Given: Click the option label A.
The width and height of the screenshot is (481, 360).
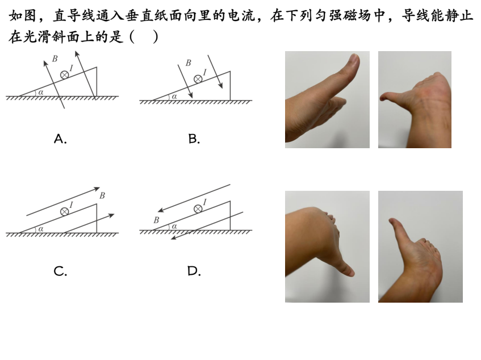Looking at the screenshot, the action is tap(60, 139).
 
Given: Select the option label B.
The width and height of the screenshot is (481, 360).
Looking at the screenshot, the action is tap(194, 139).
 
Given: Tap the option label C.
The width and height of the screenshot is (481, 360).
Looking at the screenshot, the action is tap(60, 271).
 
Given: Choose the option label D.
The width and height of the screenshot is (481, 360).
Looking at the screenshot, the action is tap(194, 271).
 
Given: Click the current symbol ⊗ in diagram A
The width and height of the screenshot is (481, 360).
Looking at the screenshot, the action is tap(64, 75).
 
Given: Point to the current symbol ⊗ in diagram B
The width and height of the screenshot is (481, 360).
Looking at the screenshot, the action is tap(198, 79).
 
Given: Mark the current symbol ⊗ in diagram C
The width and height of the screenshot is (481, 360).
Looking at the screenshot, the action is tap(64, 212).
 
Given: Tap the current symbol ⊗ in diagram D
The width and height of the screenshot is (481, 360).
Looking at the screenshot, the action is tap(198, 209).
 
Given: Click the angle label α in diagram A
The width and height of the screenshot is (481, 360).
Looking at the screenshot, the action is tap(41, 93).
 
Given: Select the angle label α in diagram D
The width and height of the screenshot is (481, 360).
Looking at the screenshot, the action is tap(174, 227).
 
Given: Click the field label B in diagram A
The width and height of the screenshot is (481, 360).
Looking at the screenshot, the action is tap(55, 58).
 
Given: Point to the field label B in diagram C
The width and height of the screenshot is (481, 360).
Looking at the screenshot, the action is tap(102, 195).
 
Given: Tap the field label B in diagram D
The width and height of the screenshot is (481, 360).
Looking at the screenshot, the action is tap(156, 220).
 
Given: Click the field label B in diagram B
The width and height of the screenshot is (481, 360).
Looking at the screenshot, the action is tap(189, 63).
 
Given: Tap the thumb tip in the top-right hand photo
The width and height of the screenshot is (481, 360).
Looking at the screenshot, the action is tap(382, 98).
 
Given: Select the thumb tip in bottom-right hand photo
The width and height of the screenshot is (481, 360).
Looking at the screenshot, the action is tap(392, 221).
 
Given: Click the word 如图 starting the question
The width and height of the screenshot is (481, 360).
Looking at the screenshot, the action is tap(23, 16).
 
